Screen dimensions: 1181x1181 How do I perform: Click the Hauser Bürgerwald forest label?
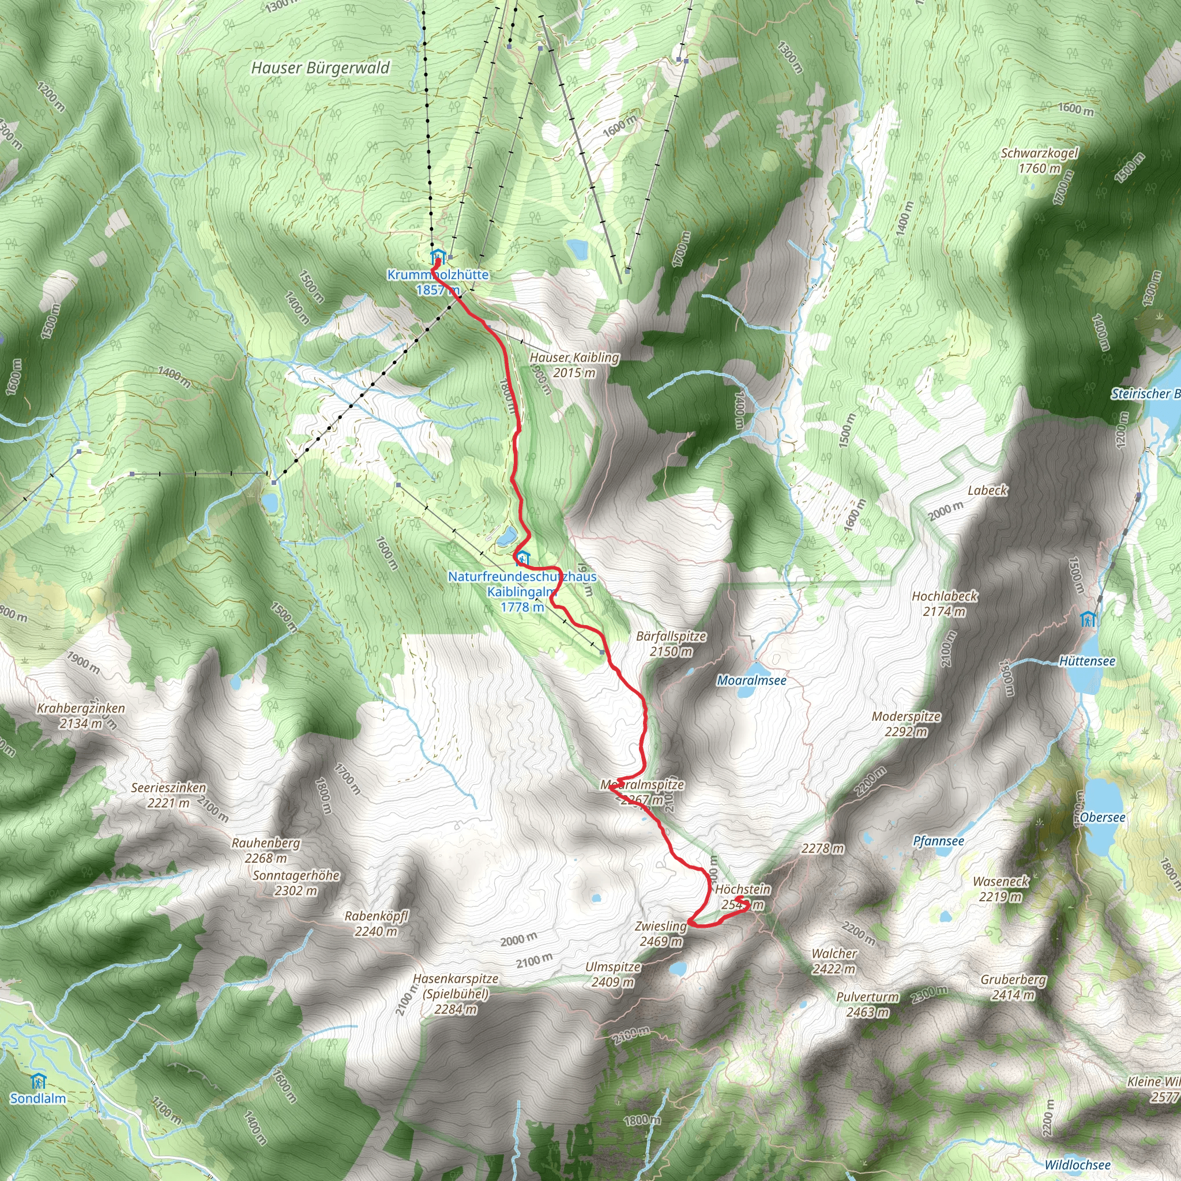(320, 68)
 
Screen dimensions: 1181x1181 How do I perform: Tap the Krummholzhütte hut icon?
(437, 255)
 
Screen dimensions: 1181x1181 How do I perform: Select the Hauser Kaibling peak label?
(574, 364)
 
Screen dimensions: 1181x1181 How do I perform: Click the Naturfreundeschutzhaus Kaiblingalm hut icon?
(522, 558)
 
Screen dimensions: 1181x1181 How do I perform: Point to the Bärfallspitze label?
(671, 643)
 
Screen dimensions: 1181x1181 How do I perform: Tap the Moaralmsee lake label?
(751, 680)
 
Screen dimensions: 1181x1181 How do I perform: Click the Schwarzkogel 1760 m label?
(1039, 160)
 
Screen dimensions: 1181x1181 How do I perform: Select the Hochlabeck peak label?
(945, 603)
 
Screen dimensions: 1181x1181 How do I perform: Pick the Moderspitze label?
(906, 724)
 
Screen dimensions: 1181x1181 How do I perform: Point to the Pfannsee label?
(938, 841)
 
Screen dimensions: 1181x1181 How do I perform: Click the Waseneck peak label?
(1001, 889)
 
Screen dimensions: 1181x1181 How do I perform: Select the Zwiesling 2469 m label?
(661, 934)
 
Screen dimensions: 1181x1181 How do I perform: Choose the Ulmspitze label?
(612, 975)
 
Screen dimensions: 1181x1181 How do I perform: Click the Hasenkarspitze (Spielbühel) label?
(456, 994)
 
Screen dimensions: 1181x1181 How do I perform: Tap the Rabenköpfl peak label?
(376, 924)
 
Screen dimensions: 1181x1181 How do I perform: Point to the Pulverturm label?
(867, 1005)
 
